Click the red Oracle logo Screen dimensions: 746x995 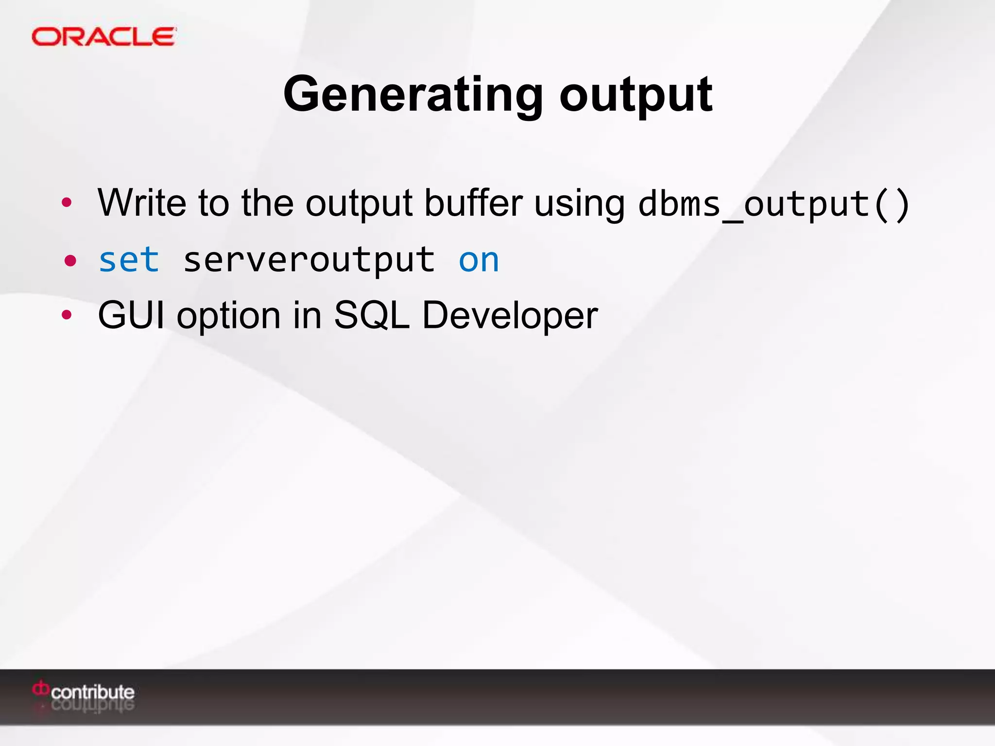coord(103,37)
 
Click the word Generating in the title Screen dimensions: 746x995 coord(413,94)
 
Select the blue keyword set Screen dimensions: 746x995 coord(129,260)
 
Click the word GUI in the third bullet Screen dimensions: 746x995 coord(131,315)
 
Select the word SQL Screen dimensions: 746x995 coord(372,315)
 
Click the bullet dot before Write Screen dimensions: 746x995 coord(67,203)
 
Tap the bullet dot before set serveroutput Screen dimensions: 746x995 coord(70,261)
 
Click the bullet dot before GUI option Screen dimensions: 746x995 coord(67,315)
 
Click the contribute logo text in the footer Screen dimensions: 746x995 coord(92,692)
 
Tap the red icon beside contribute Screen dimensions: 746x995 coord(41,688)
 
